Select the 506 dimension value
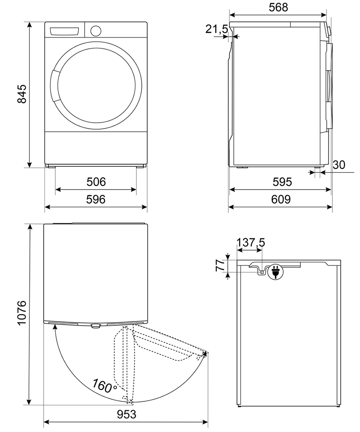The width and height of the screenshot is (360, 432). tap(96, 182)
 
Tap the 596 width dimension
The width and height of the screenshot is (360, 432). tap(96, 200)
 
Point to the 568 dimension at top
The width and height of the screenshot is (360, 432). tap(278, 7)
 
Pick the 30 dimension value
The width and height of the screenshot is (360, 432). tap(340, 165)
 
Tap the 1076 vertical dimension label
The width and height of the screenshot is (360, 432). tap(22, 314)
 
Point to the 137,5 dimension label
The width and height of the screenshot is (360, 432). tap(251, 244)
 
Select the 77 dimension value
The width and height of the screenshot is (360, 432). tap(219, 265)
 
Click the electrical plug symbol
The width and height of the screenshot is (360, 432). tap(275, 272)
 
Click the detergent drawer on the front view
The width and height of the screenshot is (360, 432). tap(65, 32)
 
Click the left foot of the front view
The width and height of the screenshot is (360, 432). tap(51, 165)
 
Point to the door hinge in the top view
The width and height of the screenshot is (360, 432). tap(95, 326)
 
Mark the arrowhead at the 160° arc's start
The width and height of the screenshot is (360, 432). tap(56, 328)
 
